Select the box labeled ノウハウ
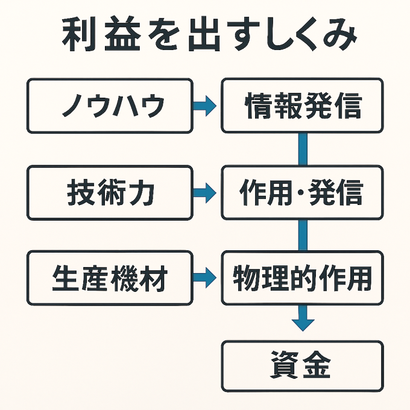point(110,106)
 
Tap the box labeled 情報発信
point(302,106)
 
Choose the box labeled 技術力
point(110,193)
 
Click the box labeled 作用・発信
point(302,193)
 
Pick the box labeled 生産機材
point(110,279)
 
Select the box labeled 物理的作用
point(302,279)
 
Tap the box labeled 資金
point(302,366)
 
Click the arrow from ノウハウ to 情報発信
point(204,106)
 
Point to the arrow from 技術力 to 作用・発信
point(204,193)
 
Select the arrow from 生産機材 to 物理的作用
point(204,279)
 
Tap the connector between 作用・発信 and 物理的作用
point(303,236)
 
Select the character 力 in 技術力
point(143,194)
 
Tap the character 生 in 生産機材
point(64,279)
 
